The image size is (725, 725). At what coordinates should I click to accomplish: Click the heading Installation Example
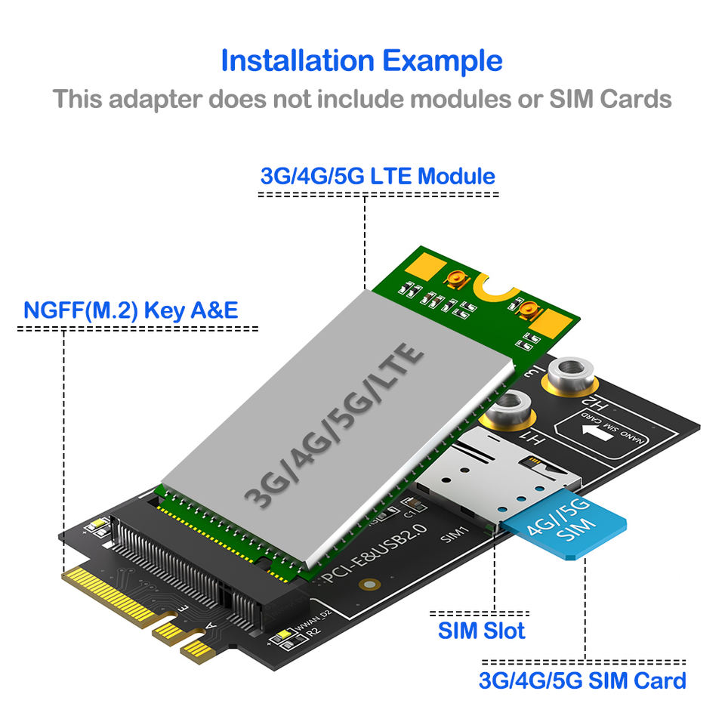[362, 60]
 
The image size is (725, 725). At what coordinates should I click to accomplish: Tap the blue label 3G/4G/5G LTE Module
[378, 177]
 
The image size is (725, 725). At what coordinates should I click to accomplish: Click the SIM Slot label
[481, 630]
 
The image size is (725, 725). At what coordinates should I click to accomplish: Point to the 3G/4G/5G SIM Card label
[582, 680]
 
